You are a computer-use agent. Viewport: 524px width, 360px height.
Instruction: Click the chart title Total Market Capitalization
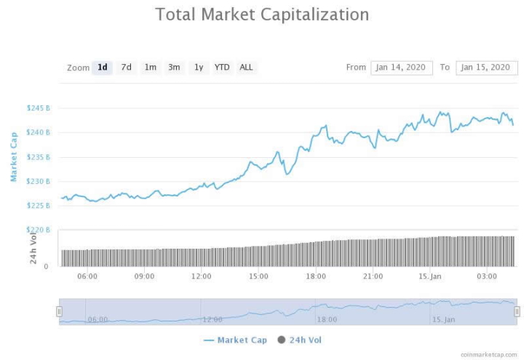pyautogui.click(x=262, y=15)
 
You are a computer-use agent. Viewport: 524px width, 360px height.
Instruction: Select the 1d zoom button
pyautogui.click(x=103, y=68)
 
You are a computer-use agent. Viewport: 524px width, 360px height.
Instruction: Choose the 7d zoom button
pyautogui.click(x=127, y=68)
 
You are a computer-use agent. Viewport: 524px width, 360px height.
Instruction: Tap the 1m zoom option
pyautogui.click(x=150, y=68)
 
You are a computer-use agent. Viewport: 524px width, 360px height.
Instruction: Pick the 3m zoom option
pyautogui.click(x=174, y=68)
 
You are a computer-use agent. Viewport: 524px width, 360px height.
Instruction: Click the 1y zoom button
pyautogui.click(x=198, y=68)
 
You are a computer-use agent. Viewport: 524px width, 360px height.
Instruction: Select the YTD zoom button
pyautogui.click(x=222, y=68)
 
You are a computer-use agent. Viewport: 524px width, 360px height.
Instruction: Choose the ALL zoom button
pyautogui.click(x=246, y=68)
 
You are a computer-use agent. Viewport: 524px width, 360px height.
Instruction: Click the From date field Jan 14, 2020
pyautogui.click(x=401, y=68)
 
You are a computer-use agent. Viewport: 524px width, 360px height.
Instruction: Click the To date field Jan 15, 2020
pyautogui.click(x=487, y=68)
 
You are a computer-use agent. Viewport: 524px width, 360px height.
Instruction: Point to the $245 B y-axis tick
pyautogui.click(x=39, y=108)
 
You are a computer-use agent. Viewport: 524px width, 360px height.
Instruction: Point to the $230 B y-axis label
pyautogui.click(x=39, y=181)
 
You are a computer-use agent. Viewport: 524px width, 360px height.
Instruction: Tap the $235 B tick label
pyautogui.click(x=39, y=157)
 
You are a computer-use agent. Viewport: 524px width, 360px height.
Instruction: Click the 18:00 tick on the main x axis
pyautogui.click(x=315, y=276)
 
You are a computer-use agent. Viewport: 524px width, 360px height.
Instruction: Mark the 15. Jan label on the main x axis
pyautogui.click(x=430, y=276)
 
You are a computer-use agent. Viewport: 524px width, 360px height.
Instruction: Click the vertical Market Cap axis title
pyautogui.click(x=14, y=157)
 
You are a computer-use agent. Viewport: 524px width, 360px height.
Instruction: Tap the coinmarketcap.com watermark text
pyautogui.click(x=488, y=354)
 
